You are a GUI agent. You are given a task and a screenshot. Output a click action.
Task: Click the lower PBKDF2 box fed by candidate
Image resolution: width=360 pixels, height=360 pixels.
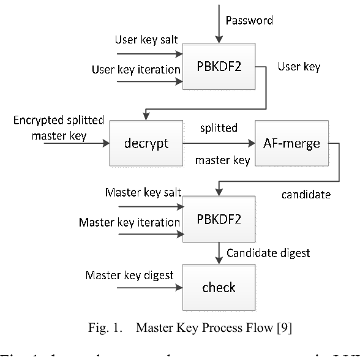coord(218,220)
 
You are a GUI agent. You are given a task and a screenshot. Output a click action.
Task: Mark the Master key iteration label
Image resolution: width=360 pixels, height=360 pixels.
coord(129,222)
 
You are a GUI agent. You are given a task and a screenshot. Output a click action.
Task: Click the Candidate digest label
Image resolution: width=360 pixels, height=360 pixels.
coord(268,252)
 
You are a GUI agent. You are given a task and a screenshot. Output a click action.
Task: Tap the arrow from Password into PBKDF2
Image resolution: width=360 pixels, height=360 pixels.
coord(218,24)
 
